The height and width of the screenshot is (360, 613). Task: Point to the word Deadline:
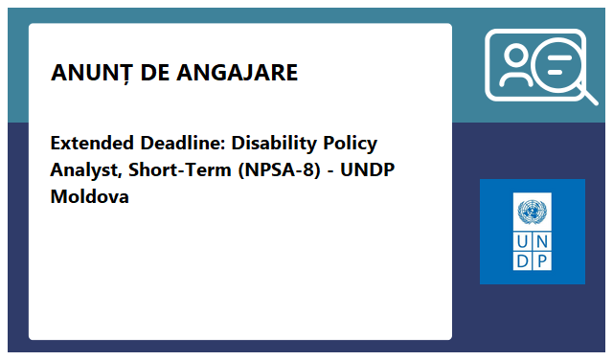(178, 144)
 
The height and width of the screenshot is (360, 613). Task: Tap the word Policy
(351, 144)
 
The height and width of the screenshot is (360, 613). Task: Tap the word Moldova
(89, 197)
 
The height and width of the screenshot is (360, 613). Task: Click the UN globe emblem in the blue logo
(532, 212)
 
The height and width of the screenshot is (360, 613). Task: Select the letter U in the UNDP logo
(523, 240)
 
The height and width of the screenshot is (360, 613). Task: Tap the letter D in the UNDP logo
(523, 259)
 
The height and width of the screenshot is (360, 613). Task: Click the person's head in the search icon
(517, 56)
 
